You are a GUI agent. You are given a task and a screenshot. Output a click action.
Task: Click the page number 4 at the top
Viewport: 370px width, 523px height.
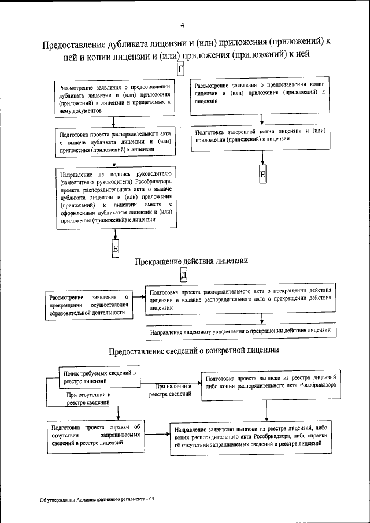click(x=182, y=25)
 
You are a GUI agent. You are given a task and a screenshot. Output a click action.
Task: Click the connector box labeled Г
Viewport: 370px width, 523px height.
click(x=180, y=70)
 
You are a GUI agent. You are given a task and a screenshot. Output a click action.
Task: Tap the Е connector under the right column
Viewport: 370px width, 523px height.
click(x=262, y=175)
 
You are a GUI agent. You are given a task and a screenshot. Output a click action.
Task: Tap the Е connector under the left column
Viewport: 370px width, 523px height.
click(x=116, y=248)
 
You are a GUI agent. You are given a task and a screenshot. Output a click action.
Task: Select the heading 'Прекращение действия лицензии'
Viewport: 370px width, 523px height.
click(x=191, y=261)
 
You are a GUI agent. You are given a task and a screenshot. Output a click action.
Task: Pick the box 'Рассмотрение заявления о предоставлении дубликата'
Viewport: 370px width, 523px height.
click(x=114, y=99)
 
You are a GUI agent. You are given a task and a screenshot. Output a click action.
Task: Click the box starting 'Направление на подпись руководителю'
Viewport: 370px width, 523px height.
click(x=116, y=196)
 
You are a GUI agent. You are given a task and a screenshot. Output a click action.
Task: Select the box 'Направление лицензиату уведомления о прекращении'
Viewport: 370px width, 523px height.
click(x=240, y=331)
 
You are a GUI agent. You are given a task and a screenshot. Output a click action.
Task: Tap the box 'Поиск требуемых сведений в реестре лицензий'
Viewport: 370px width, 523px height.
click(x=98, y=377)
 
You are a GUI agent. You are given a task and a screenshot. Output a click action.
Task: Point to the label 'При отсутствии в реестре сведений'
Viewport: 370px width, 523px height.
click(x=88, y=399)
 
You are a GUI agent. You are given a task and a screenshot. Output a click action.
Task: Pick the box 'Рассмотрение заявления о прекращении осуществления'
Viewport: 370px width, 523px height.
click(x=88, y=305)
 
